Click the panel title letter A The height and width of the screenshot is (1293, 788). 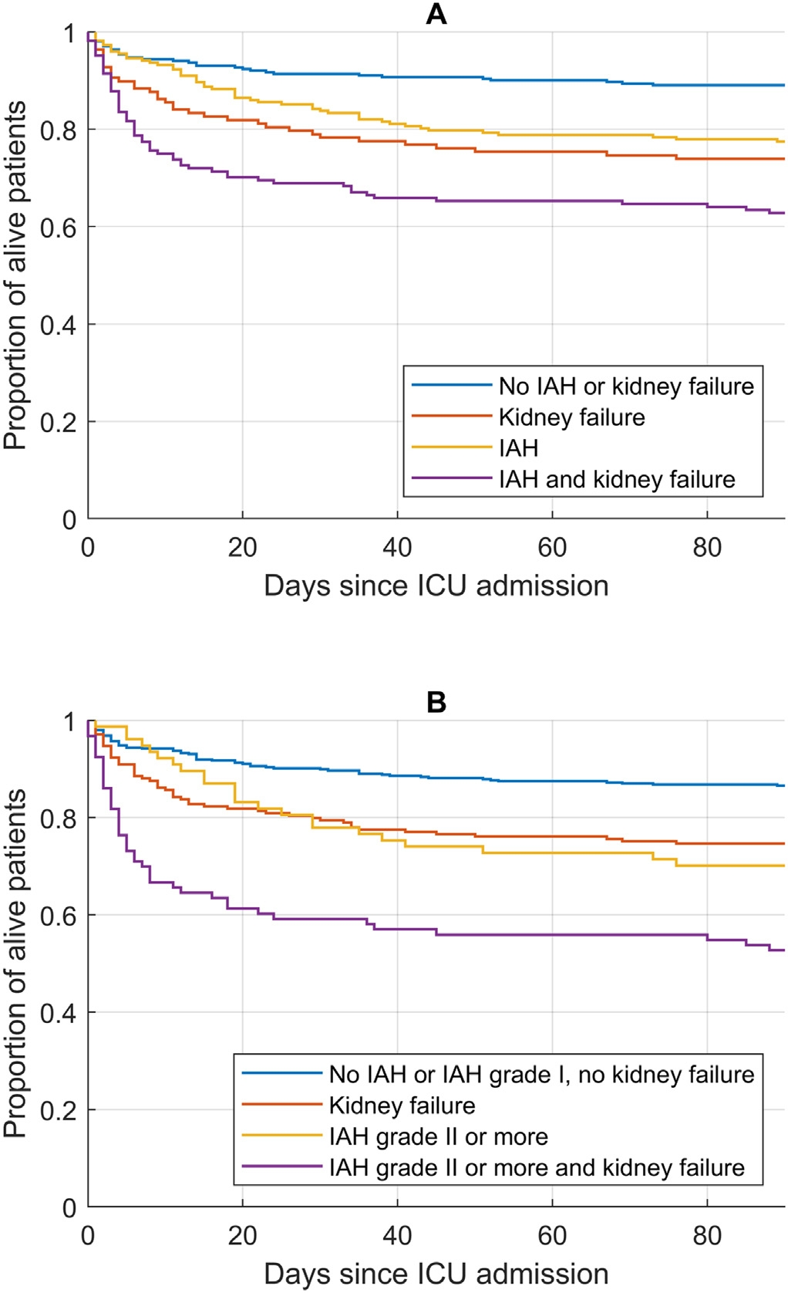(436, 14)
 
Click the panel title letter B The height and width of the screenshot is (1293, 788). (436, 702)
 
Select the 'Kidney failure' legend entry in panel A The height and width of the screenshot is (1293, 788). (571, 417)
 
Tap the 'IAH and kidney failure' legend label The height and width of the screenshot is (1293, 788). (617, 479)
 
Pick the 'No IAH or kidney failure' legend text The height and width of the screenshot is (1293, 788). (626, 386)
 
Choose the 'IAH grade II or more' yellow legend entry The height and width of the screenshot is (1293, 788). (438, 1136)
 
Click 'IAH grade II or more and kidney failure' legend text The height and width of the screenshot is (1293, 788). (537, 1167)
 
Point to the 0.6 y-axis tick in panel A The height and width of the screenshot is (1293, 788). (59, 228)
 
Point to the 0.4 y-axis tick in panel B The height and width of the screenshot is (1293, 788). (59, 1013)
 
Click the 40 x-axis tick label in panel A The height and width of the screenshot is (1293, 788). (397, 547)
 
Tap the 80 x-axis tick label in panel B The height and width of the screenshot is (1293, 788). (707, 1235)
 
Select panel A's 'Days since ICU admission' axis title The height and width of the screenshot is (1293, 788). (436, 586)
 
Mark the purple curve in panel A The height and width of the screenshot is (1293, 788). (308, 183)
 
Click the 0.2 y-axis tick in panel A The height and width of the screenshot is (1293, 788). (59, 422)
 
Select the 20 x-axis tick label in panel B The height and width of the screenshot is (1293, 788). (242, 1235)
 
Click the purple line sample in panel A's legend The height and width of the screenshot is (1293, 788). (451, 479)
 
